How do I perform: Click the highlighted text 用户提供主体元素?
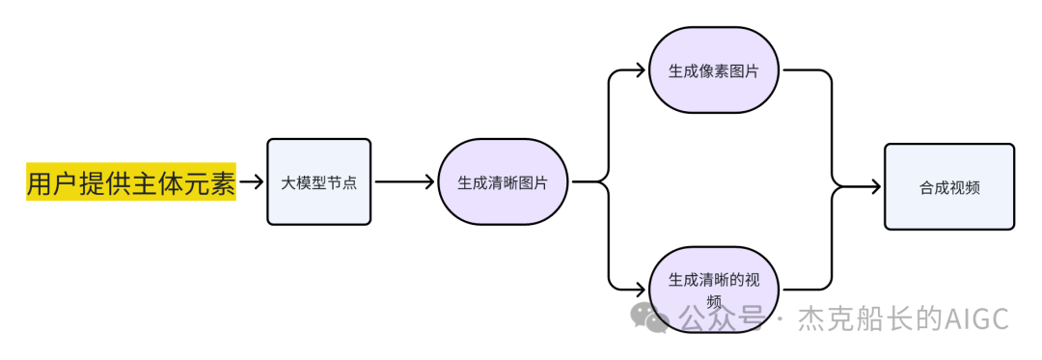click(x=130, y=181)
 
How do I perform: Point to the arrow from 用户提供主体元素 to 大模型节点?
click(x=251, y=181)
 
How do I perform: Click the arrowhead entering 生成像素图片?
click(x=641, y=70)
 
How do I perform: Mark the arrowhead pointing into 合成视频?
click(x=876, y=186)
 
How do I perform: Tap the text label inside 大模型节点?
click(x=318, y=182)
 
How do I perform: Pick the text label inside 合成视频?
click(x=949, y=187)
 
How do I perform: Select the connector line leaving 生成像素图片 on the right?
click(x=810, y=71)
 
